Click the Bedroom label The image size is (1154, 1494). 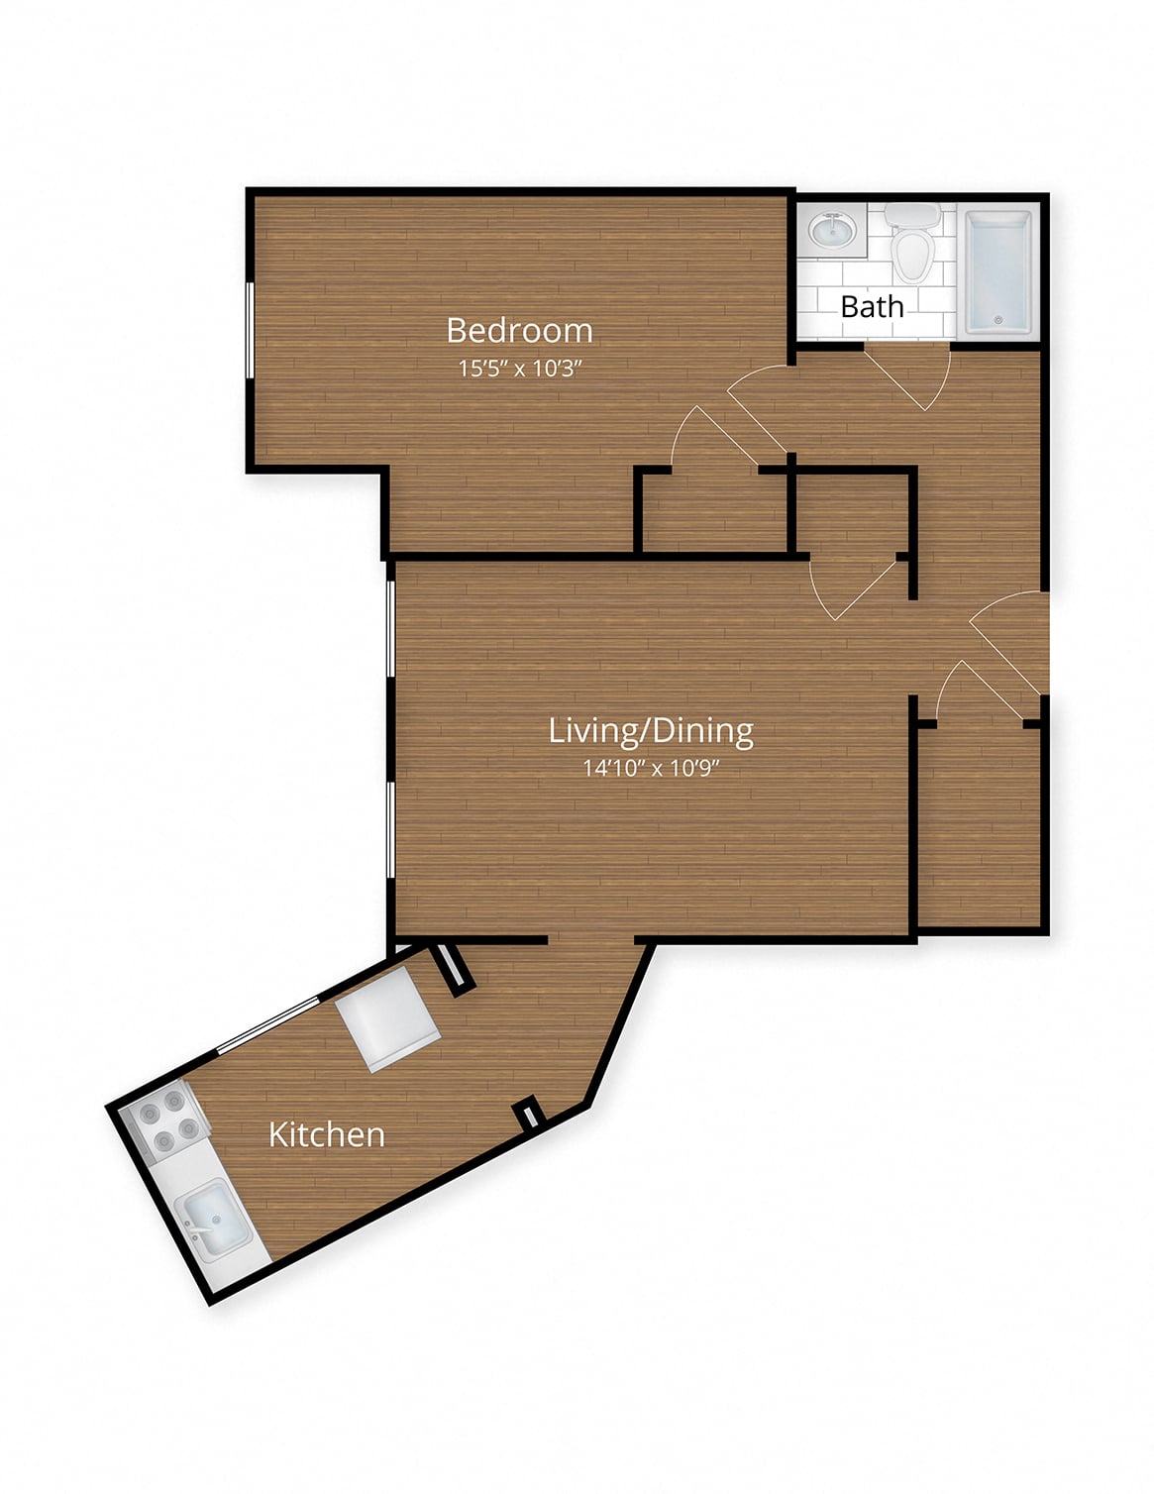(519, 331)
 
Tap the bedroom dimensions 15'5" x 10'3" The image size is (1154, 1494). (520, 369)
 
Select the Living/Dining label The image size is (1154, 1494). (650, 730)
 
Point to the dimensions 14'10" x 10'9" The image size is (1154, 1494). (650, 767)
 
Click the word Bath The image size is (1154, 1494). (872, 307)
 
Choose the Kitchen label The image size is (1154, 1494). (327, 1134)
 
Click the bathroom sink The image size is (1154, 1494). (833, 230)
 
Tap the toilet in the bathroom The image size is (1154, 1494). (912, 244)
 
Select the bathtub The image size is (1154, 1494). (998, 273)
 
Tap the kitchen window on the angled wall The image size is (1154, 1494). (268, 1023)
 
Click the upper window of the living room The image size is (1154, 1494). (390, 629)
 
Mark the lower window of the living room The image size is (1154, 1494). (390, 830)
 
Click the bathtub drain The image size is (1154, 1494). (998, 320)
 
